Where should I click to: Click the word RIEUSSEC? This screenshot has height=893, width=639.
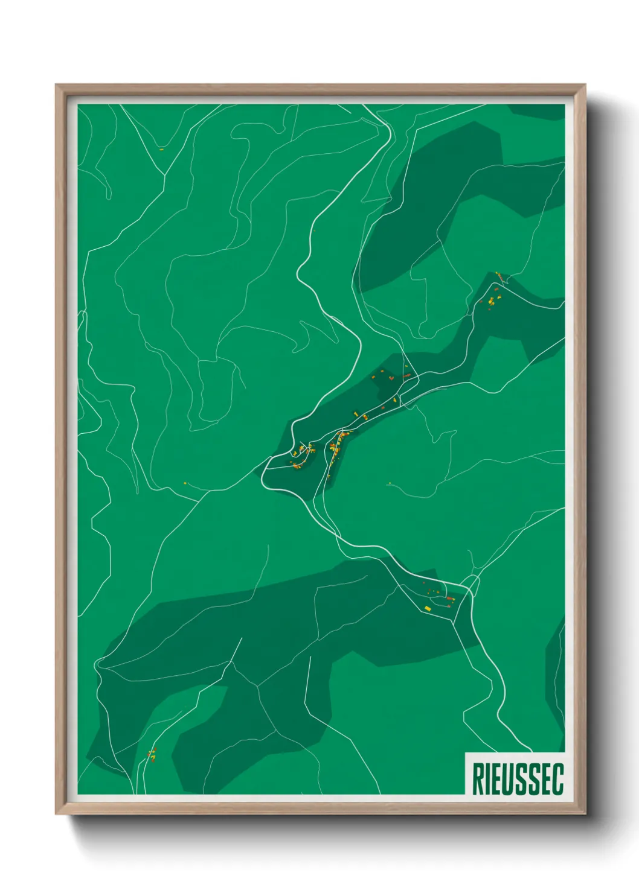(x=518, y=778)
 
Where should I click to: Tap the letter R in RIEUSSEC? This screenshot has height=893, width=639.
(x=477, y=779)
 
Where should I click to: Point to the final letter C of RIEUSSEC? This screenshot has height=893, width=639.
(x=558, y=779)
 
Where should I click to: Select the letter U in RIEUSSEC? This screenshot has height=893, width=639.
(x=512, y=779)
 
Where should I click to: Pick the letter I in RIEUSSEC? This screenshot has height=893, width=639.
(x=488, y=779)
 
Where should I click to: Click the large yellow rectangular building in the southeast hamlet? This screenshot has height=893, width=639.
(x=428, y=608)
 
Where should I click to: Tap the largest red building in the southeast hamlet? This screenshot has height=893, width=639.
(x=449, y=599)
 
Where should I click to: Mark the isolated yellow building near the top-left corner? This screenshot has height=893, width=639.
(x=161, y=148)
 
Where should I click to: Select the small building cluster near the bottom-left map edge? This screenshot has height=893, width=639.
(x=152, y=754)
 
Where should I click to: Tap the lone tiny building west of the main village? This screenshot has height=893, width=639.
(x=185, y=482)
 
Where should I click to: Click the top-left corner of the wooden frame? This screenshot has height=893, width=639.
(x=56, y=85)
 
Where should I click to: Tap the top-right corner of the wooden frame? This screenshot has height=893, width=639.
(x=585, y=85)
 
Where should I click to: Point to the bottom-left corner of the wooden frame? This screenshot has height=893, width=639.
(x=56, y=813)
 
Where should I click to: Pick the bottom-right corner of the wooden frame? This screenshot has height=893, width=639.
(x=585, y=813)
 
